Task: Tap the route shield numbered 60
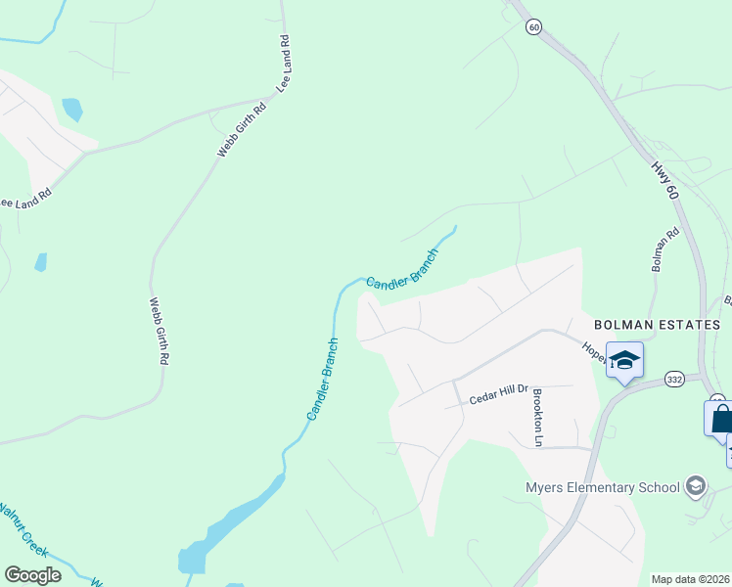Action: point(532,27)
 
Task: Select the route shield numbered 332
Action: point(673,378)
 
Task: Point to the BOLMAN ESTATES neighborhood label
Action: point(657,325)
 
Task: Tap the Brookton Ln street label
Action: point(537,417)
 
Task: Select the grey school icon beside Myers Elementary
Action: point(696,485)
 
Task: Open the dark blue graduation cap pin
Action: point(624,361)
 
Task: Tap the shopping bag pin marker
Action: point(720,419)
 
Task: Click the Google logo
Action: point(32,575)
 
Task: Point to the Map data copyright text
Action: point(691,579)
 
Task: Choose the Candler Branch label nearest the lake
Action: point(324,380)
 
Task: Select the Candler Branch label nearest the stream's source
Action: point(402,267)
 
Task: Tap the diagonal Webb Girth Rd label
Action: point(242,131)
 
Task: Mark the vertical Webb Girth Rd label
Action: point(158,332)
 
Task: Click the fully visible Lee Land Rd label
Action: point(285,65)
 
